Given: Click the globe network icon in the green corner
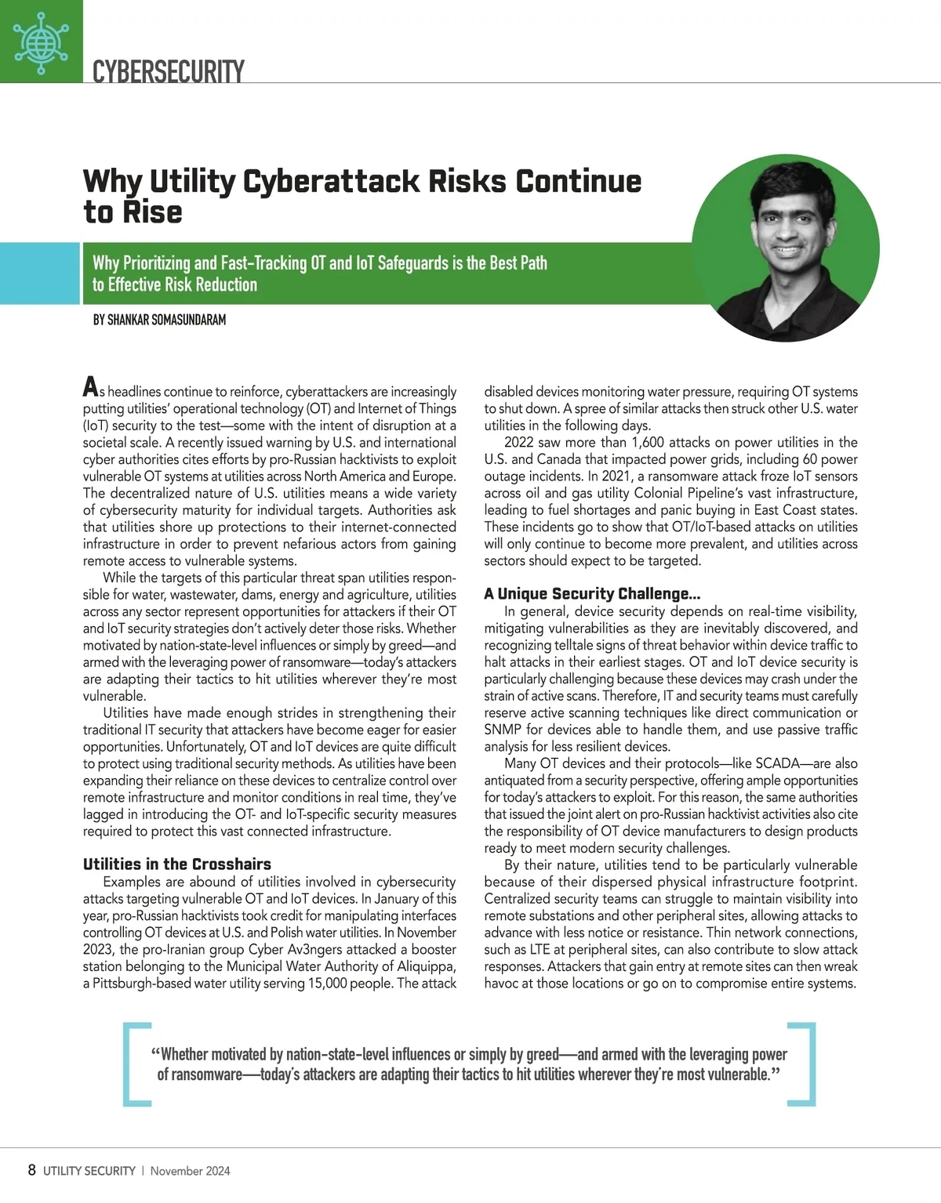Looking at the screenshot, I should [x=41, y=41].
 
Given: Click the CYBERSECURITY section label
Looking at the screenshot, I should [x=168, y=71].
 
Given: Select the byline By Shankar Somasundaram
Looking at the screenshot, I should [x=159, y=320].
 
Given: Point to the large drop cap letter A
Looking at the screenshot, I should [x=91, y=388].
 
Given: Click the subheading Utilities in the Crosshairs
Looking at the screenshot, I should [x=177, y=864].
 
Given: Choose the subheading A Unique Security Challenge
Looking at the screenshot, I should [x=592, y=593].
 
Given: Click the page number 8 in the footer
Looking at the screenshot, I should [x=31, y=1170].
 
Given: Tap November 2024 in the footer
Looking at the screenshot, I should [x=191, y=1171].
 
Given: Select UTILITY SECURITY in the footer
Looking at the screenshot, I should [x=89, y=1171].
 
